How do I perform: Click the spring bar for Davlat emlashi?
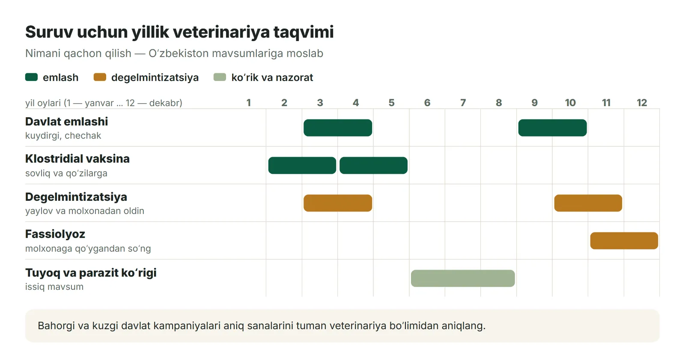338,128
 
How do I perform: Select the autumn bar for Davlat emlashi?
552,128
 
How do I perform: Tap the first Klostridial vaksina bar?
302,165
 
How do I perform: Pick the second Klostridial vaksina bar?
373,165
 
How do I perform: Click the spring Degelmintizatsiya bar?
338,203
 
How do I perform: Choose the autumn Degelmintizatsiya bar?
588,203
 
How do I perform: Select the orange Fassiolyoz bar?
624,241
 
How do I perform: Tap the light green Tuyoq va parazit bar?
463,278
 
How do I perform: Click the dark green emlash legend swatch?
32,77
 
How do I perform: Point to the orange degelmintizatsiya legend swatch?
100,77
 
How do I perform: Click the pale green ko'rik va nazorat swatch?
220,77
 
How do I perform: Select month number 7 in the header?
463,102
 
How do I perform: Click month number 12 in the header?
642,102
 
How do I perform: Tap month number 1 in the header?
249,102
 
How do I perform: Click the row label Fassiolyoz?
55,234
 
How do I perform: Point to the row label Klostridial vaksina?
77,158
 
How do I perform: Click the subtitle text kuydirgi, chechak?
63,136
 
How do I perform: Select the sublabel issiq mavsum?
54,287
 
